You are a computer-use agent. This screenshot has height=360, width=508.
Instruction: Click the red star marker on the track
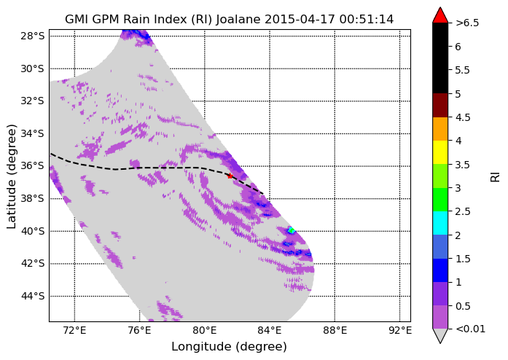click(x=230, y=176)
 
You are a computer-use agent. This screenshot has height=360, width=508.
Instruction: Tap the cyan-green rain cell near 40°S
click(x=291, y=230)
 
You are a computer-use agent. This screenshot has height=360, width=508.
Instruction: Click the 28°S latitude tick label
click(x=32, y=36)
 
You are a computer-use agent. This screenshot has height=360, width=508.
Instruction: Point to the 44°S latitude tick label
click(x=32, y=296)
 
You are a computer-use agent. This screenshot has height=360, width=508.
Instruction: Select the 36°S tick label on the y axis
click(x=32, y=166)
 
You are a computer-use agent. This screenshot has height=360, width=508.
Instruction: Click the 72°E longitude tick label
click(x=75, y=331)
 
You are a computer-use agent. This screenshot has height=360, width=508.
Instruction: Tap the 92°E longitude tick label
click(x=400, y=331)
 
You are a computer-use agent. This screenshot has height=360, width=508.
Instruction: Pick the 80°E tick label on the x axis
click(x=205, y=331)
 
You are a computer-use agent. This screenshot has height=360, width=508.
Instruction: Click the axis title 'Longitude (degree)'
click(x=229, y=347)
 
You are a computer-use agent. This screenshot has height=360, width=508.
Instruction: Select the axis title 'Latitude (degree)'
click(x=11, y=176)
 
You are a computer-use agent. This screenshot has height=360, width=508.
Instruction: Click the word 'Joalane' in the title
click(x=238, y=20)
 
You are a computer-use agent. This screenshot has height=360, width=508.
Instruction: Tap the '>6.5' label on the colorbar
click(x=467, y=23)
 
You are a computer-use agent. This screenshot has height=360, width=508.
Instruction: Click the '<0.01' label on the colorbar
click(x=470, y=329)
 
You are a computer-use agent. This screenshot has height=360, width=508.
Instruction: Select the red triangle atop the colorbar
click(x=440, y=15)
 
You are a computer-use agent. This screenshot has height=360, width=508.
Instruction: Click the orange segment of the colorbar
click(x=440, y=129)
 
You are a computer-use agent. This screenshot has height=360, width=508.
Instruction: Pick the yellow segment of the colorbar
click(x=440, y=152)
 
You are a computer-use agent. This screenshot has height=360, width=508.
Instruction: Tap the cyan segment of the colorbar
click(x=440, y=223)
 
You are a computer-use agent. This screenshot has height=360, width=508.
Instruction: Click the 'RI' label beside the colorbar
click(x=496, y=177)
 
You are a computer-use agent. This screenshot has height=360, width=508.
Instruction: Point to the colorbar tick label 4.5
click(x=463, y=117)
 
